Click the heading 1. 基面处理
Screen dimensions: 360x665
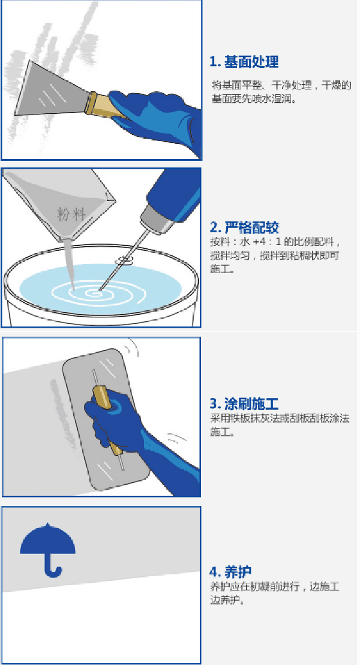(x=244, y=62)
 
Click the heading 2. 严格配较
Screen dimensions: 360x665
(x=244, y=227)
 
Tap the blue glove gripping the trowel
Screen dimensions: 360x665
(x=127, y=429)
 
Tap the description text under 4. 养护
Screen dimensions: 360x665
(x=274, y=593)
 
